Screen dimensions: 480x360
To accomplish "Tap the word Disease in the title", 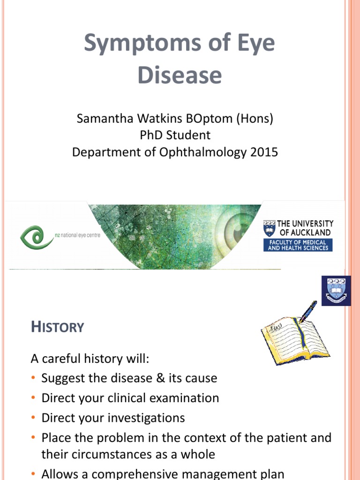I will coord(180,75).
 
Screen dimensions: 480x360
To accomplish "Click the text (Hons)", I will coord(255,119).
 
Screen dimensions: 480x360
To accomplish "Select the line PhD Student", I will coord(175,135).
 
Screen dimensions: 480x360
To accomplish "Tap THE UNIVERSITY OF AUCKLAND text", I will coord(305,228).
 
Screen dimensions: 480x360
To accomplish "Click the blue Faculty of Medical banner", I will coord(298,245).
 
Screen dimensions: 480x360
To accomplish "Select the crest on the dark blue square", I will coord(335,290).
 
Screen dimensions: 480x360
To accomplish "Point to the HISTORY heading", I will coord(57,327).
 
